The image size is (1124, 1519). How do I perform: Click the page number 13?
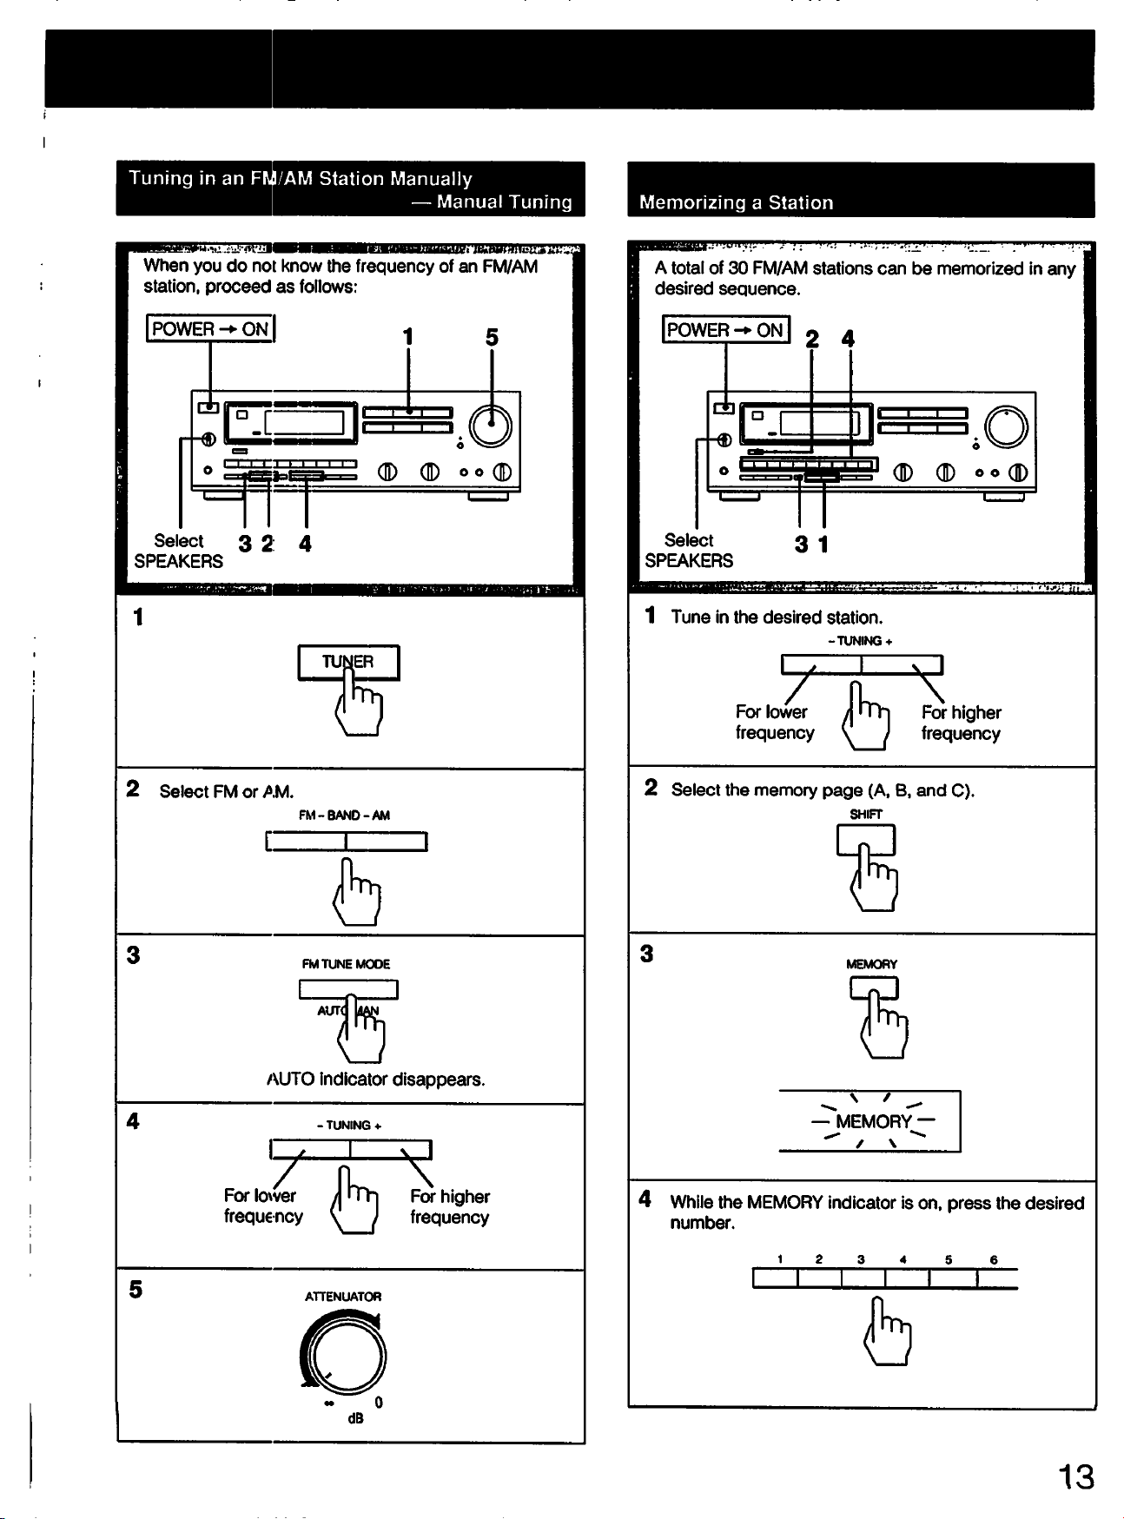click(1075, 1476)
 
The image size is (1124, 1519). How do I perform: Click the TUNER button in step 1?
click(348, 663)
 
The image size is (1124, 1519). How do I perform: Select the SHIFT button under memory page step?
click(865, 839)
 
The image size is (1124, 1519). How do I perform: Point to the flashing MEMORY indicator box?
click(869, 1121)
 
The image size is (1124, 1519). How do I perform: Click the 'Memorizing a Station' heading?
click(736, 202)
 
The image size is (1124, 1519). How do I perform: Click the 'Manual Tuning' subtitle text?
click(504, 201)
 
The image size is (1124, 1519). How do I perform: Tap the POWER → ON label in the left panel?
click(210, 329)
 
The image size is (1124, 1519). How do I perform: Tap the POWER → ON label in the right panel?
click(725, 330)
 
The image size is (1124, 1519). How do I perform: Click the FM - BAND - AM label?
click(344, 816)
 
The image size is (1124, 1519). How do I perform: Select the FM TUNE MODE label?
click(346, 964)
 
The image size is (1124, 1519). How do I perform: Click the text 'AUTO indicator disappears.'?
click(375, 1080)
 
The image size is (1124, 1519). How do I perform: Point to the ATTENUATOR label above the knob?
click(343, 1297)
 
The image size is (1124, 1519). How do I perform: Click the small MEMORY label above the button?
click(871, 964)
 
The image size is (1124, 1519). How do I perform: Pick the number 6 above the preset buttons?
click(994, 1259)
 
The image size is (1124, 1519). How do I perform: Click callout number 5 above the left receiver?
click(492, 337)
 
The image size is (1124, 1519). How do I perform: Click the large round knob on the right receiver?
click(1006, 427)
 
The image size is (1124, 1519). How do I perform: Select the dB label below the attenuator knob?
click(355, 1418)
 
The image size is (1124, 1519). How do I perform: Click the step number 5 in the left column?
click(136, 1290)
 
